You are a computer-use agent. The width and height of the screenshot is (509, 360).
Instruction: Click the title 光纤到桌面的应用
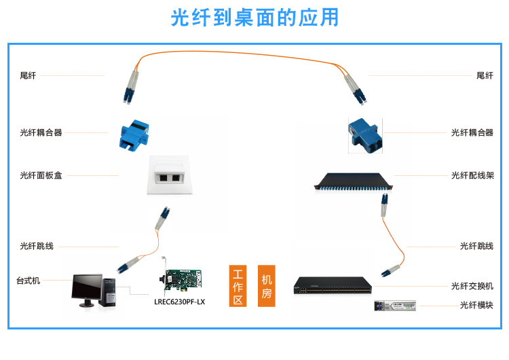(x=254, y=17)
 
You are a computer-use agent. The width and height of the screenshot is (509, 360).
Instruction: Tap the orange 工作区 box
(x=238, y=286)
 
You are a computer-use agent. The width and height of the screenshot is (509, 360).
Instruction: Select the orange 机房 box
(x=267, y=286)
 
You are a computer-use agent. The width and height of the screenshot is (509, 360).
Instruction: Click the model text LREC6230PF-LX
(x=180, y=302)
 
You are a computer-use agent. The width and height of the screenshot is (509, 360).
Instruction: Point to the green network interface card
(x=181, y=278)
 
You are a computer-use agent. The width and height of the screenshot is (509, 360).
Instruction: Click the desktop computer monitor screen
(x=87, y=287)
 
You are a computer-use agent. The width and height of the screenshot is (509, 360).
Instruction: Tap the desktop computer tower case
(x=109, y=293)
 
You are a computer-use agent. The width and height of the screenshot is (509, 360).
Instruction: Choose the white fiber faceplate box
(x=170, y=175)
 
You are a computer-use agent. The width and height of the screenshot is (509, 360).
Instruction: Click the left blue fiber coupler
(x=134, y=135)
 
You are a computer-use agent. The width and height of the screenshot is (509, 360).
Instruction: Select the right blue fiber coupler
(x=364, y=135)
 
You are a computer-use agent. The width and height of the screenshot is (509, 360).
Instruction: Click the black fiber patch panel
(x=353, y=181)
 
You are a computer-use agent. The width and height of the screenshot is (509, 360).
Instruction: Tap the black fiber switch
(x=333, y=285)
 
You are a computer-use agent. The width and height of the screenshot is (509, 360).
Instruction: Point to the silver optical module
(x=395, y=306)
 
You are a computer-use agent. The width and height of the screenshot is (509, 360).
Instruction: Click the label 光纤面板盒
(x=41, y=175)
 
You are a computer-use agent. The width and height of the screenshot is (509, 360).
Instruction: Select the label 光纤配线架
(x=472, y=175)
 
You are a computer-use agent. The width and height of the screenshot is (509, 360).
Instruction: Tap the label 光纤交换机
(x=472, y=286)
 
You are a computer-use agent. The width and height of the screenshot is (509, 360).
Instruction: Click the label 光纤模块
(x=476, y=305)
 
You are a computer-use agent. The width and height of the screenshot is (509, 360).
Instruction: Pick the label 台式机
(x=29, y=281)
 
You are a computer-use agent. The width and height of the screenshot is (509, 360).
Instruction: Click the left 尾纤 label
(x=28, y=75)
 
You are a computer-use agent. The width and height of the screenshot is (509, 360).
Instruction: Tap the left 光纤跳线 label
(x=37, y=246)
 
